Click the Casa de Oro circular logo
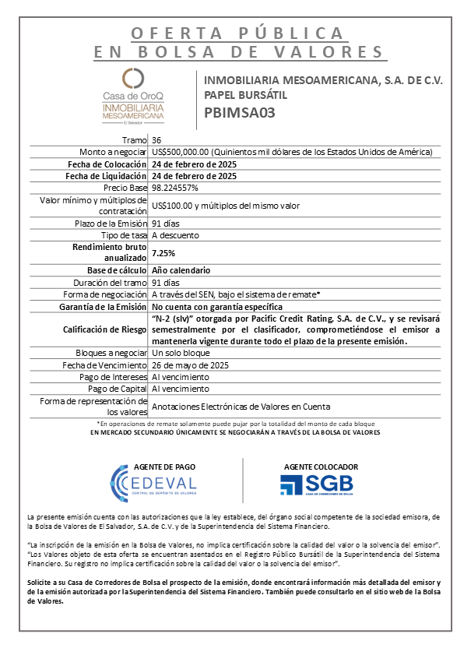coord(133,78)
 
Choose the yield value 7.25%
coord(163,253)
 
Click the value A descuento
coord(176,235)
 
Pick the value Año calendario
coord(180,270)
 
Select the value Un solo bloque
coord(181,352)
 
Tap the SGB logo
coord(316,484)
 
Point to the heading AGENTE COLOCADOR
coord(316,466)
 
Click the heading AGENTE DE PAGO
coord(164,466)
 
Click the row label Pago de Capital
coord(118,389)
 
